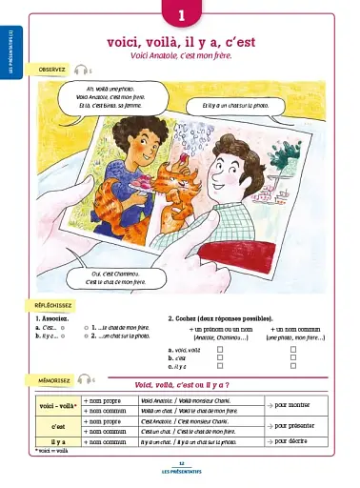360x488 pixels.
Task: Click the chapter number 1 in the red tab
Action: [x=181, y=15]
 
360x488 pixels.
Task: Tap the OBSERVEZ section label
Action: [x=51, y=71]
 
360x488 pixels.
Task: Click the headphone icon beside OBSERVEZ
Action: [x=81, y=71]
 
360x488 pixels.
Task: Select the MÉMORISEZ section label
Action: [x=51, y=379]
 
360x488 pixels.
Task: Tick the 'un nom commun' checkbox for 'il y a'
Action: [x=293, y=365]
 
